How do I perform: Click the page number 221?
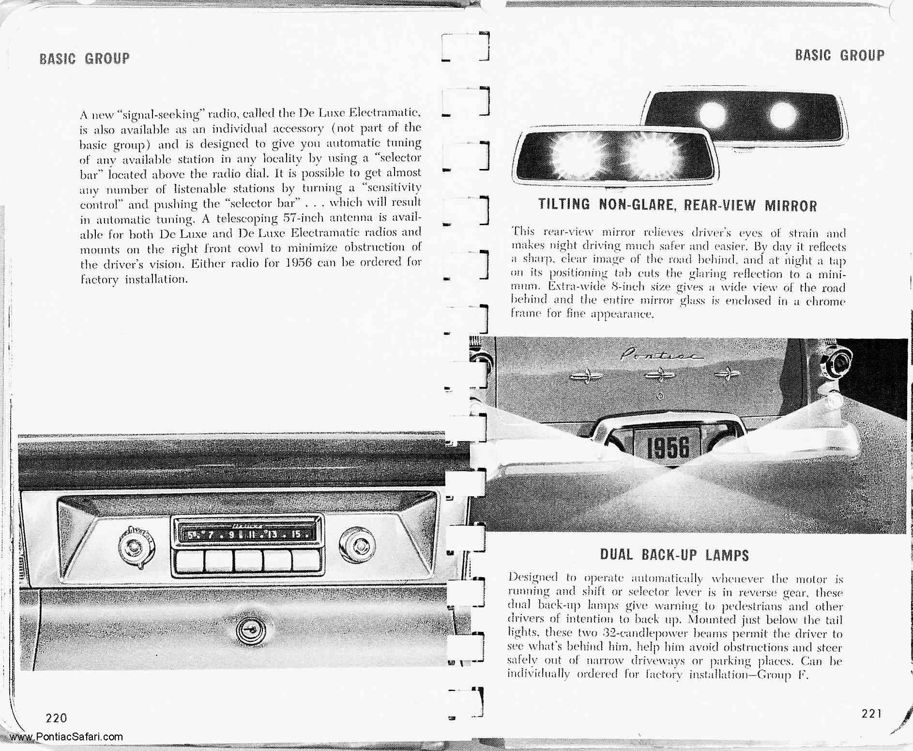[x=872, y=713]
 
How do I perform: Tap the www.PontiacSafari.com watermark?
[x=66, y=737]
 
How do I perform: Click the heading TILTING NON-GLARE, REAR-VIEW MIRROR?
[x=678, y=205]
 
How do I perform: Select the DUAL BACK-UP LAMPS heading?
[x=674, y=554]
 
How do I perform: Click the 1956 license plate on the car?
[x=669, y=447]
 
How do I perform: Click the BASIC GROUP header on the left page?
[x=85, y=59]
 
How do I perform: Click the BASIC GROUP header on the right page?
[x=839, y=55]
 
